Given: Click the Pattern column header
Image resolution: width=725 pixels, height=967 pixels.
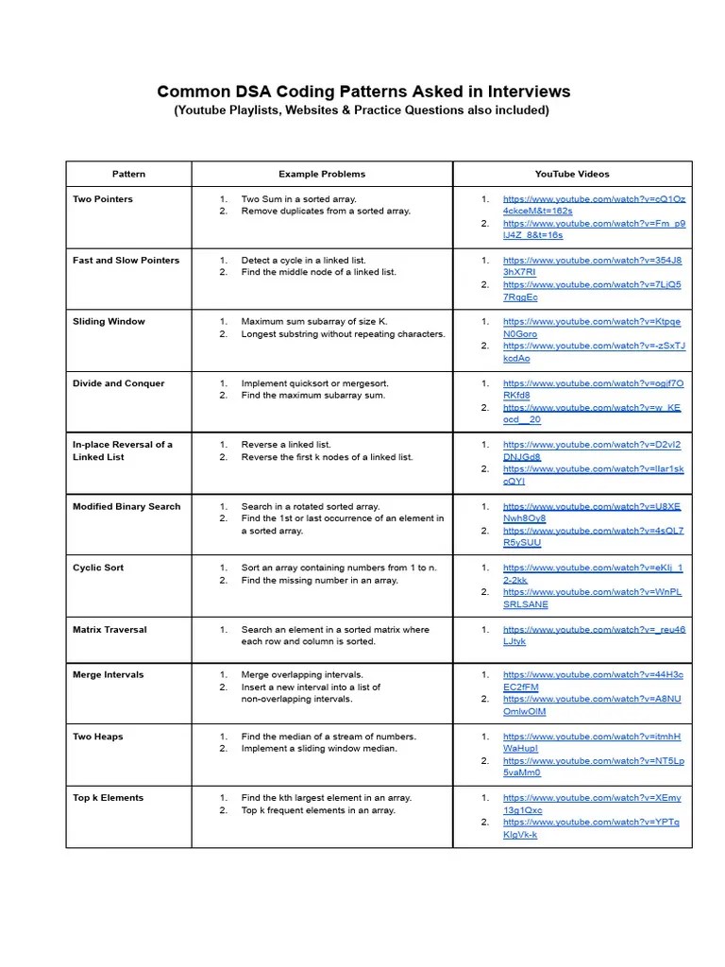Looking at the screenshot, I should (128, 174).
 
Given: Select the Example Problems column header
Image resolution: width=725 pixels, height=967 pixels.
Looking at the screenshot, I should (321, 174).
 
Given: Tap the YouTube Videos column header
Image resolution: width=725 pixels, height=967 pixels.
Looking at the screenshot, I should (572, 174).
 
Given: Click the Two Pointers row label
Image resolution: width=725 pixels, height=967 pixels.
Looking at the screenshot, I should (103, 199).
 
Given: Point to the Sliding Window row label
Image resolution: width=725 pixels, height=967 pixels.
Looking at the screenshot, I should (109, 322).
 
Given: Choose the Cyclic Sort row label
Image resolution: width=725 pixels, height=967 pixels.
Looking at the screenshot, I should (98, 568).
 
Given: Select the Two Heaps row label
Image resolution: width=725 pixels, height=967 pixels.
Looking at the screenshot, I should (98, 737).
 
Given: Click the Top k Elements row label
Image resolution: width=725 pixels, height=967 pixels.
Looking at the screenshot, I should (109, 798).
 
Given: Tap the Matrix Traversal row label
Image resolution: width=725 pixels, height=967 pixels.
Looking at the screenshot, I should (110, 630).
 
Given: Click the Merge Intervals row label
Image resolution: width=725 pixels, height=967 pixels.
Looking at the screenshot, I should (109, 675).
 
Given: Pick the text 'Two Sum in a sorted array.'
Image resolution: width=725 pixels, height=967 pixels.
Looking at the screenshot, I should (298, 199).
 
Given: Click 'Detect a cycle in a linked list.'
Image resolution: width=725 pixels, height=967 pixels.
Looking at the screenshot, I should (303, 261).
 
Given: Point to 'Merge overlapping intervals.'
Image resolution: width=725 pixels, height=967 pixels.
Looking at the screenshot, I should (301, 675).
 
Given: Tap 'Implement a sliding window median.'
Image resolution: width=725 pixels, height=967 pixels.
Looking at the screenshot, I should (319, 748).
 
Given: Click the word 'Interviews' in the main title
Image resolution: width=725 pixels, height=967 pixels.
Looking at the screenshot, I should (527, 92).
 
